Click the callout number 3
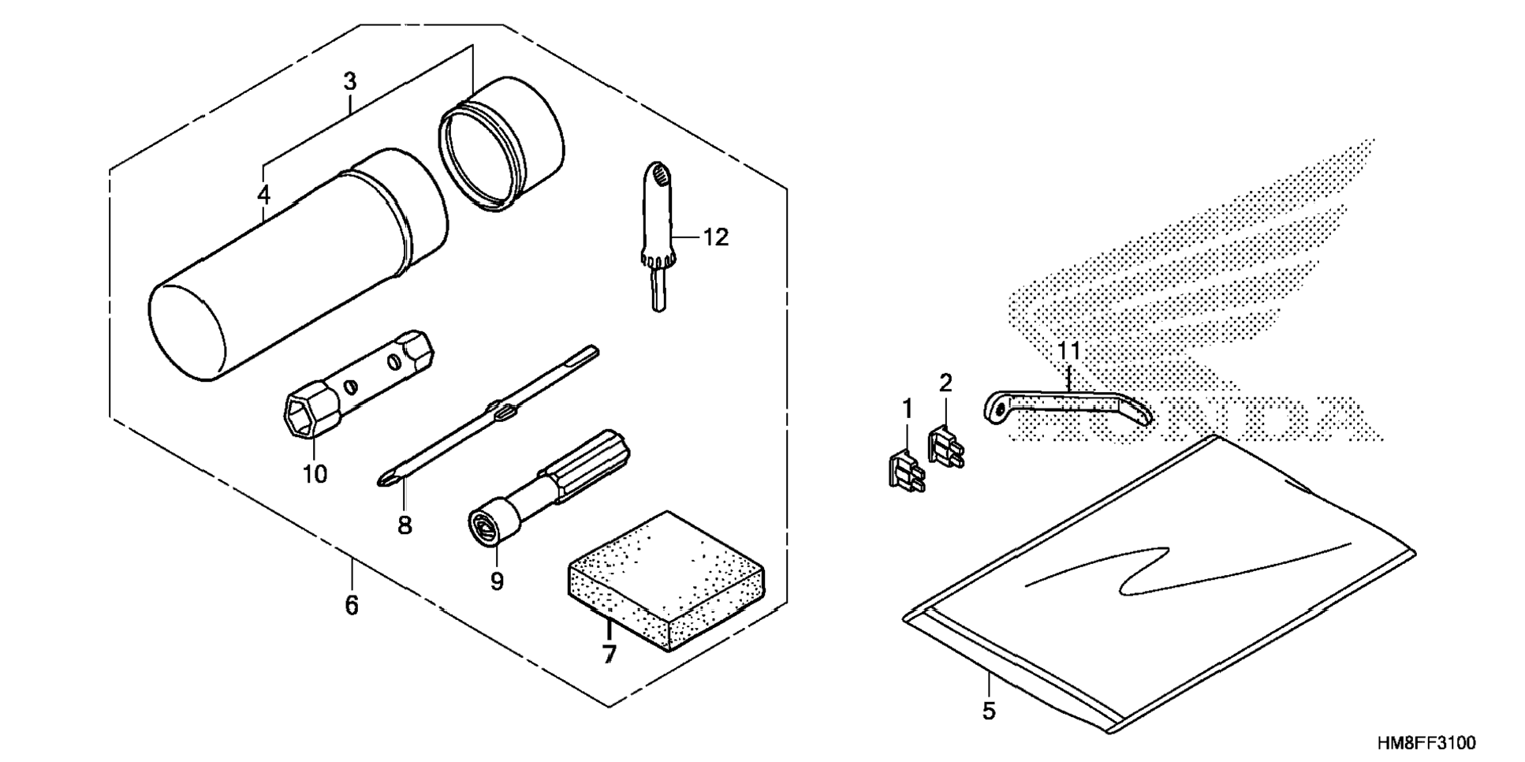350,81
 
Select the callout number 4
263,194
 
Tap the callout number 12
716,237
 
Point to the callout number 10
314,474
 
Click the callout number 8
405,525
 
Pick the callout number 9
497,581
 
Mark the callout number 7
609,654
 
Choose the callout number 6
352,606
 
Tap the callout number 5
989,711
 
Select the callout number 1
907,409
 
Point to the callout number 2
945,383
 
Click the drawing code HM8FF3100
1426,743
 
